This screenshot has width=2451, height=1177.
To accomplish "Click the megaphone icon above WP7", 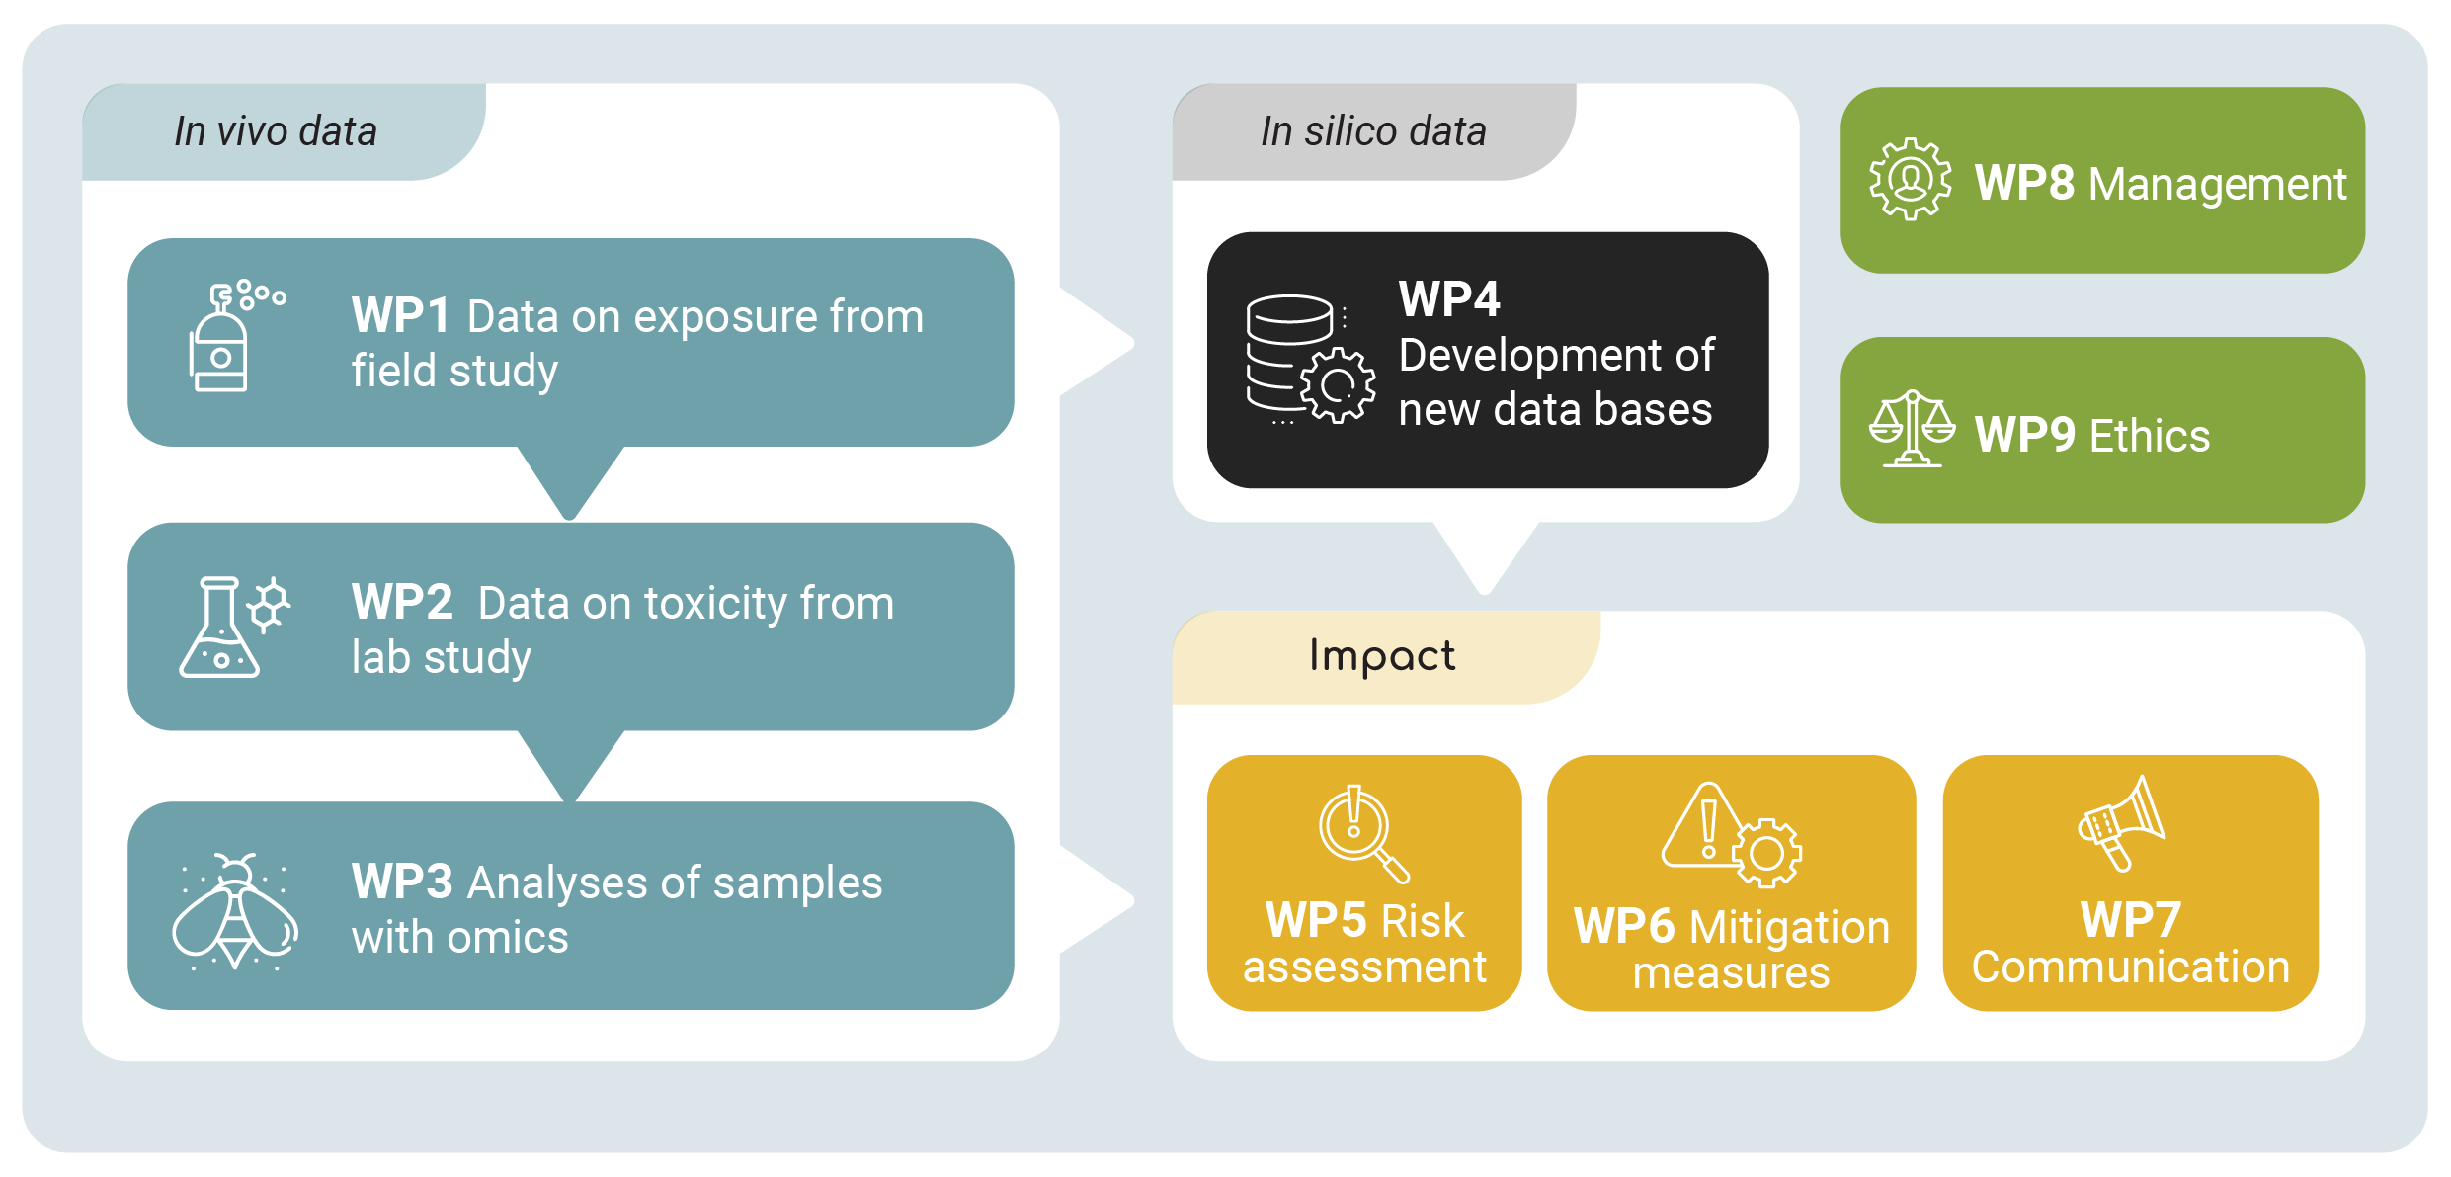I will pos(2122,823).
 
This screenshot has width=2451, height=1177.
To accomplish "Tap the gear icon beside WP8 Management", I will pos(1910,180).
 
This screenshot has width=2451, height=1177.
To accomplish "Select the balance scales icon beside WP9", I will pos(1912,429).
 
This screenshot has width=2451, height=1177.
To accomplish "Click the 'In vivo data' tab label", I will pos(276,131).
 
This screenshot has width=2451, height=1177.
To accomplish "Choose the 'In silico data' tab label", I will pos(1373,131).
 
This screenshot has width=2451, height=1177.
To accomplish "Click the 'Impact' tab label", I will pos(1381,656).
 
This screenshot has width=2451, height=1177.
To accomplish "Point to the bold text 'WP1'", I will pos(400,316).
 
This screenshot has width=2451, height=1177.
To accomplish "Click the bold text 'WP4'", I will pos(1449,298).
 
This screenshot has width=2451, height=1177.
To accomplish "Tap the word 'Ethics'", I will pos(2150,436).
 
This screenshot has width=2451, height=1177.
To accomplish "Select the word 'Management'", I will pos(2217,184).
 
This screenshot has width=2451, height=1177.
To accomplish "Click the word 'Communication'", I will pos(2130,967).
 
